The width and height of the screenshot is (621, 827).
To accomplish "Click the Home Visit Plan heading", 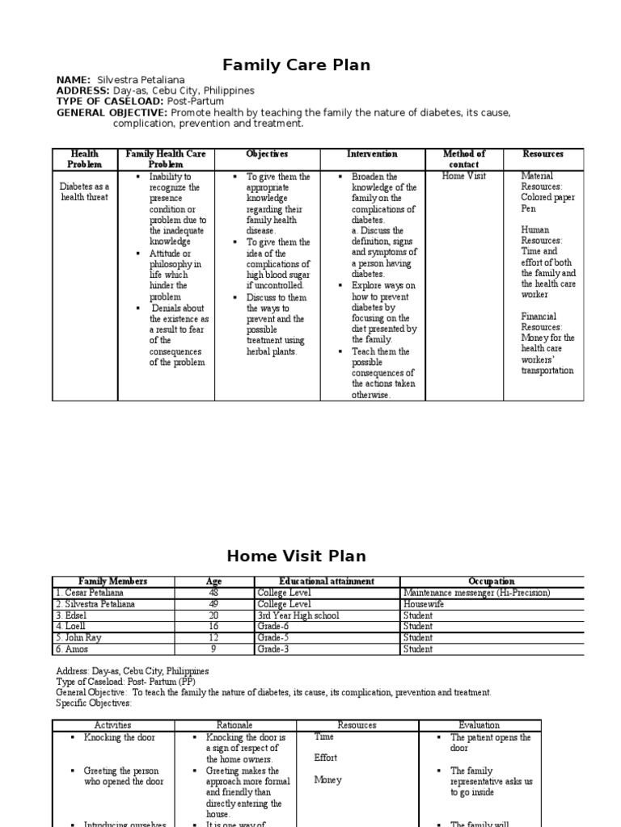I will tap(296, 556).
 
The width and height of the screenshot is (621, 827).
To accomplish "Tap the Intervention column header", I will tap(372, 153).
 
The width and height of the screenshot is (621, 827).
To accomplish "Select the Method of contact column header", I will tap(464, 158).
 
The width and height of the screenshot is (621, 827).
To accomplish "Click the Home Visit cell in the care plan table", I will tap(464, 176).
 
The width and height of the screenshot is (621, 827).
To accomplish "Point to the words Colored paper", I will tap(548, 196).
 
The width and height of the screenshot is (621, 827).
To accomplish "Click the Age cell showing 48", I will tap(213, 592).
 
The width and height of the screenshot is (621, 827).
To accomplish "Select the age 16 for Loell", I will tap(213, 626).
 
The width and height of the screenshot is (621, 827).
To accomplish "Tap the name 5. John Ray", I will tap(78, 637).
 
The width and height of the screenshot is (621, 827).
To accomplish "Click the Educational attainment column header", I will tap(327, 581).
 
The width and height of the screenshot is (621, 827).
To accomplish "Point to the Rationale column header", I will tap(234, 725).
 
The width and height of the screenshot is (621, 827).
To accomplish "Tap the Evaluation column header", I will tap(479, 725).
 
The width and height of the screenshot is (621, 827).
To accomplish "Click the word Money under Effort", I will tap(327, 780).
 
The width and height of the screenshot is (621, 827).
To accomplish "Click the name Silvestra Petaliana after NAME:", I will tap(141, 80).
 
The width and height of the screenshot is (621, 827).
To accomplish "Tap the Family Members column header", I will tap(113, 581).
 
